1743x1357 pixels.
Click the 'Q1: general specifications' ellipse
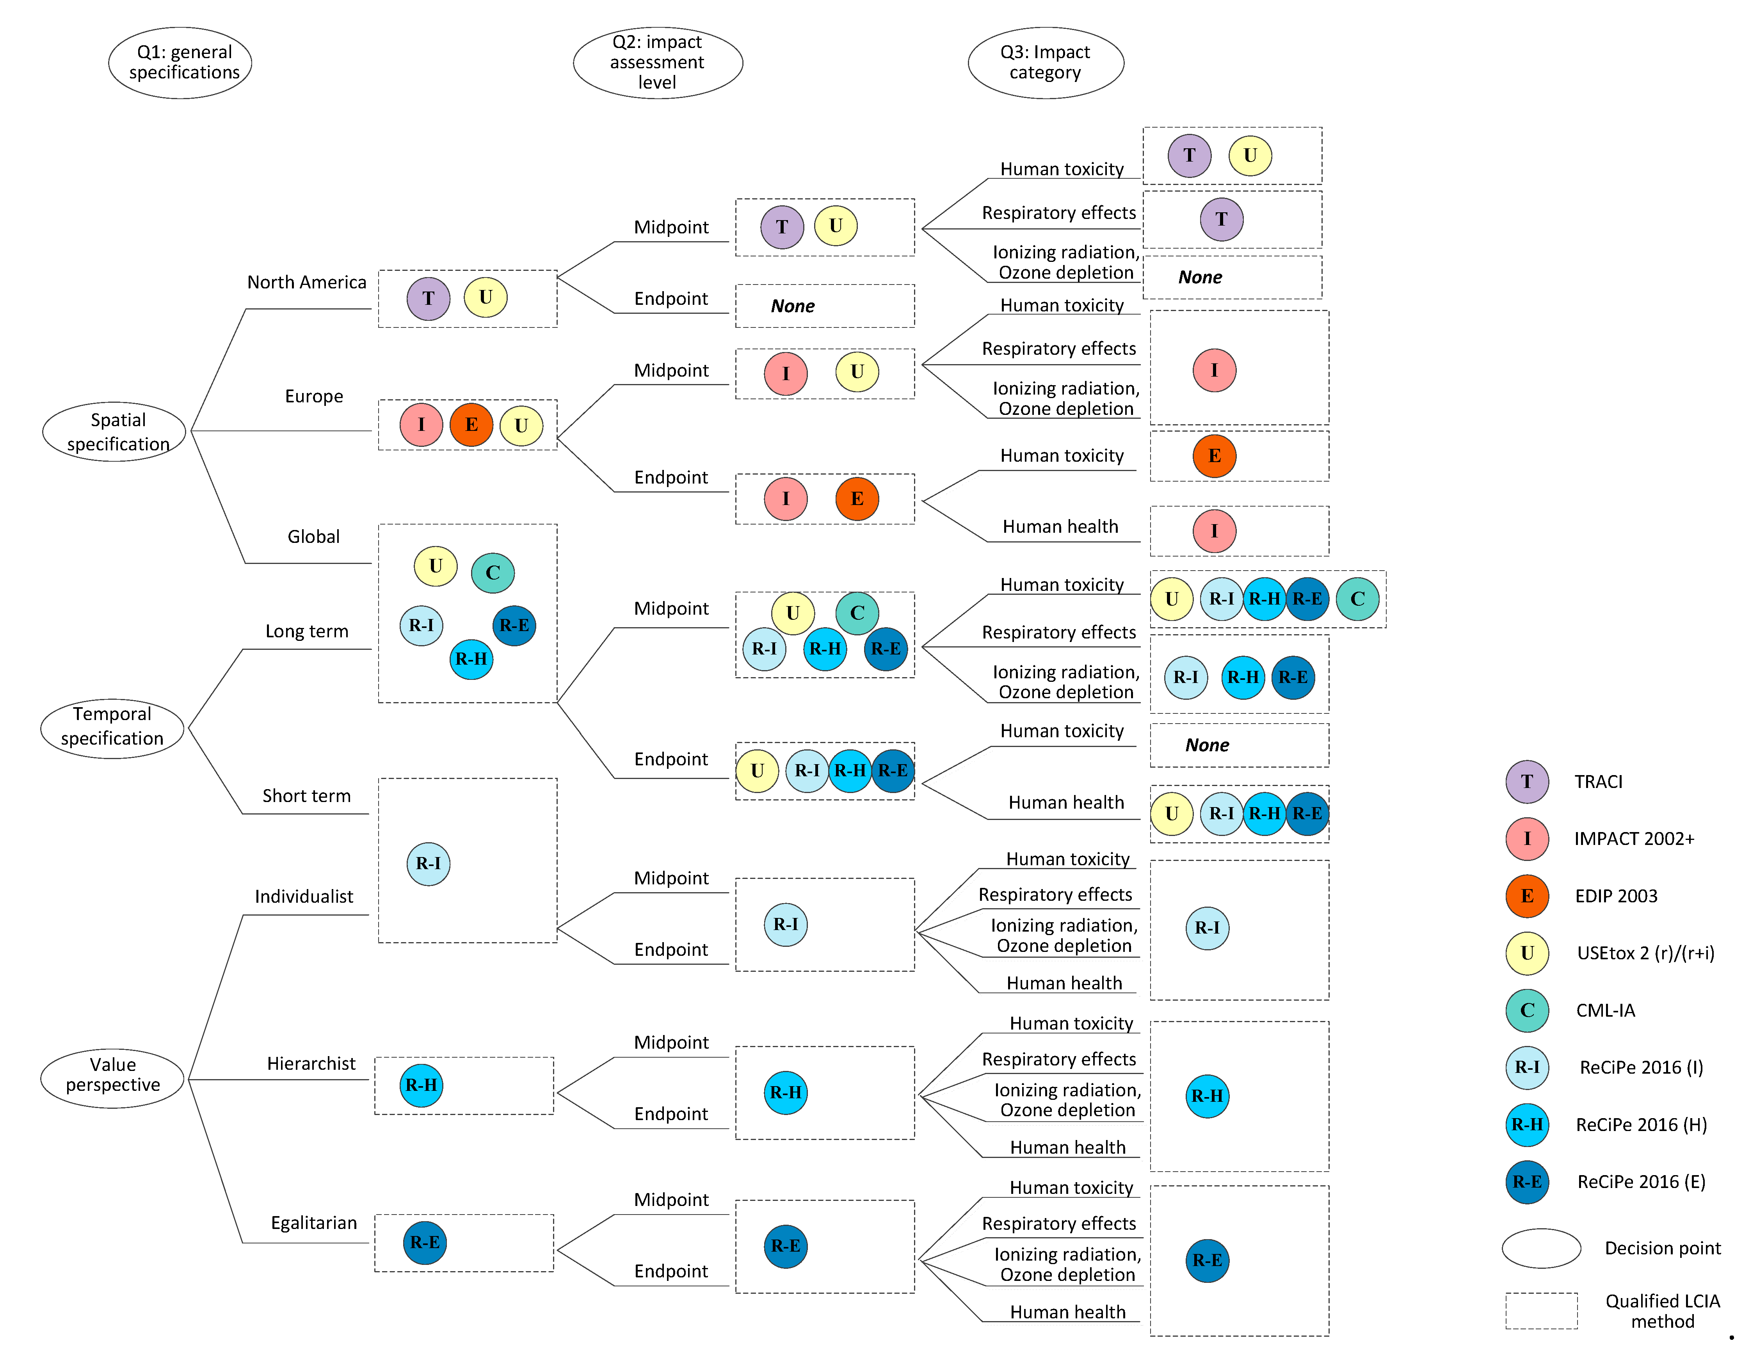pyautogui.click(x=180, y=62)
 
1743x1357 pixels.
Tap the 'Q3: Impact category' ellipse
pyautogui.click(x=1046, y=62)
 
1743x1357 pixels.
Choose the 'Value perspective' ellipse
pyautogui.click(x=112, y=1077)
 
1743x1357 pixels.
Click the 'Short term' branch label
pyautogui.click(x=306, y=796)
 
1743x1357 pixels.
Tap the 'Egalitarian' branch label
pyautogui.click(x=314, y=1223)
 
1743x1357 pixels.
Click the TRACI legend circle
pyautogui.click(x=1527, y=781)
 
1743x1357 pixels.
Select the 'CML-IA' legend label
pyautogui.click(x=1605, y=1010)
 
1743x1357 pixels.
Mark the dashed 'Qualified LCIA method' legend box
pyautogui.click(x=1541, y=1311)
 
